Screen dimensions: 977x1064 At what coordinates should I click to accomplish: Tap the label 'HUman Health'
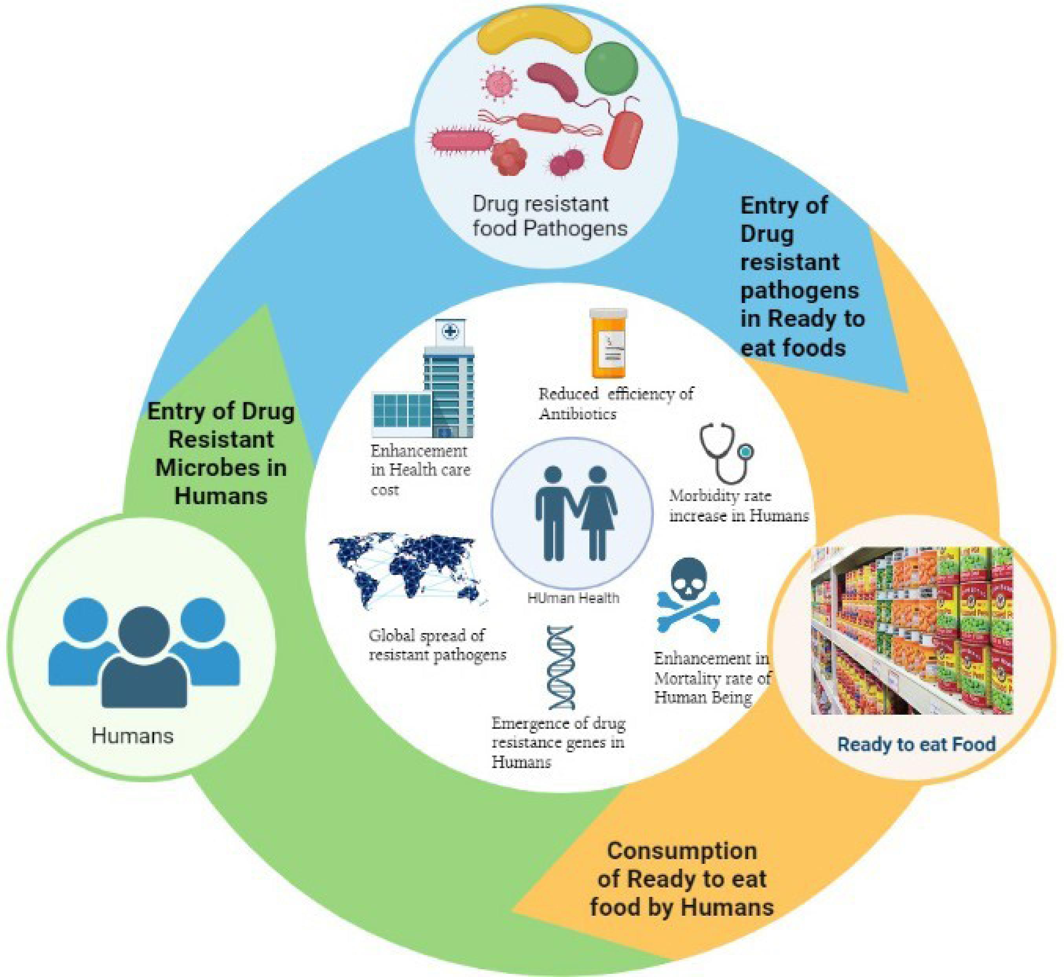(x=573, y=598)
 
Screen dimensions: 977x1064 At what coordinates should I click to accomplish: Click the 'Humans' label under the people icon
(x=132, y=736)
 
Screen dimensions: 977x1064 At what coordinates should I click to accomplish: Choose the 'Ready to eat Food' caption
(x=916, y=745)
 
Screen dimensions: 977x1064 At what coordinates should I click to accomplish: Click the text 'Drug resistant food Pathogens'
(x=549, y=216)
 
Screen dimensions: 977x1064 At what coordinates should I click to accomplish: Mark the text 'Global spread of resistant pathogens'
(x=437, y=645)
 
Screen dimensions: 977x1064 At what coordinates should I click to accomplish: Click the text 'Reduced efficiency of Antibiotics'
(x=615, y=403)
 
